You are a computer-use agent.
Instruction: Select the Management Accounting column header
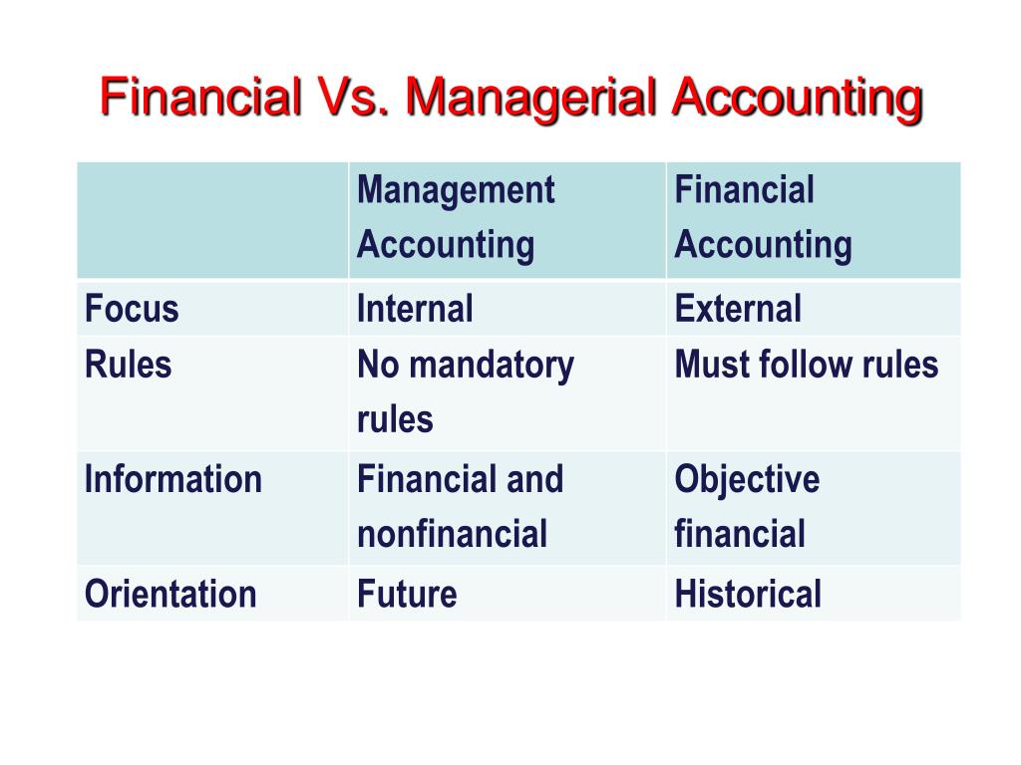pyautogui.click(x=456, y=218)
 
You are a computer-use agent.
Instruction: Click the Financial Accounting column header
pyautogui.click(x=763, y=218)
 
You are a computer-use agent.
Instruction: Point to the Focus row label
pyautogui.click(x=132, y=309)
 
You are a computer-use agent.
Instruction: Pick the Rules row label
pyautogui.click(x=129, y=365)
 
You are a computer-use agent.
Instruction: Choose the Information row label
pyautogui.click(x=173, y=479)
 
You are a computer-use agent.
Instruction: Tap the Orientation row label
pyautogui.click(x=170, y=594)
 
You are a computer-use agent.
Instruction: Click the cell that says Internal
pyautogui.click(x=415, y=309)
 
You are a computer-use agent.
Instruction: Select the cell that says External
pyautogui.click(x=738, y=309)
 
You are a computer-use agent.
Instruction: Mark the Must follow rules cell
pyautogui.click(x=806, y=365)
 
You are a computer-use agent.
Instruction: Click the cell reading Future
pyautogui.click(x=407, y=594)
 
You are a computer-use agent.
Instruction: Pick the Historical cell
pyautogui.click(x=748, y=594)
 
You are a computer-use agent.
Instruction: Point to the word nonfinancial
pyautogui.click(x=452, y=534)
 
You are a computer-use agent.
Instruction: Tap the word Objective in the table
pyautogui.click(x=747, y=481)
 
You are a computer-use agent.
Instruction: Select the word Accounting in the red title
pyautogui.click(x=797, y=100)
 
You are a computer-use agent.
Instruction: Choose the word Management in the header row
pyautogui.click(x=456, y=191)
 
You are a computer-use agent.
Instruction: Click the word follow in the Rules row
pyautogui.click(x=806, y=365)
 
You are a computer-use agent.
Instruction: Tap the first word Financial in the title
pyautogui.click(x=201, y=97)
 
